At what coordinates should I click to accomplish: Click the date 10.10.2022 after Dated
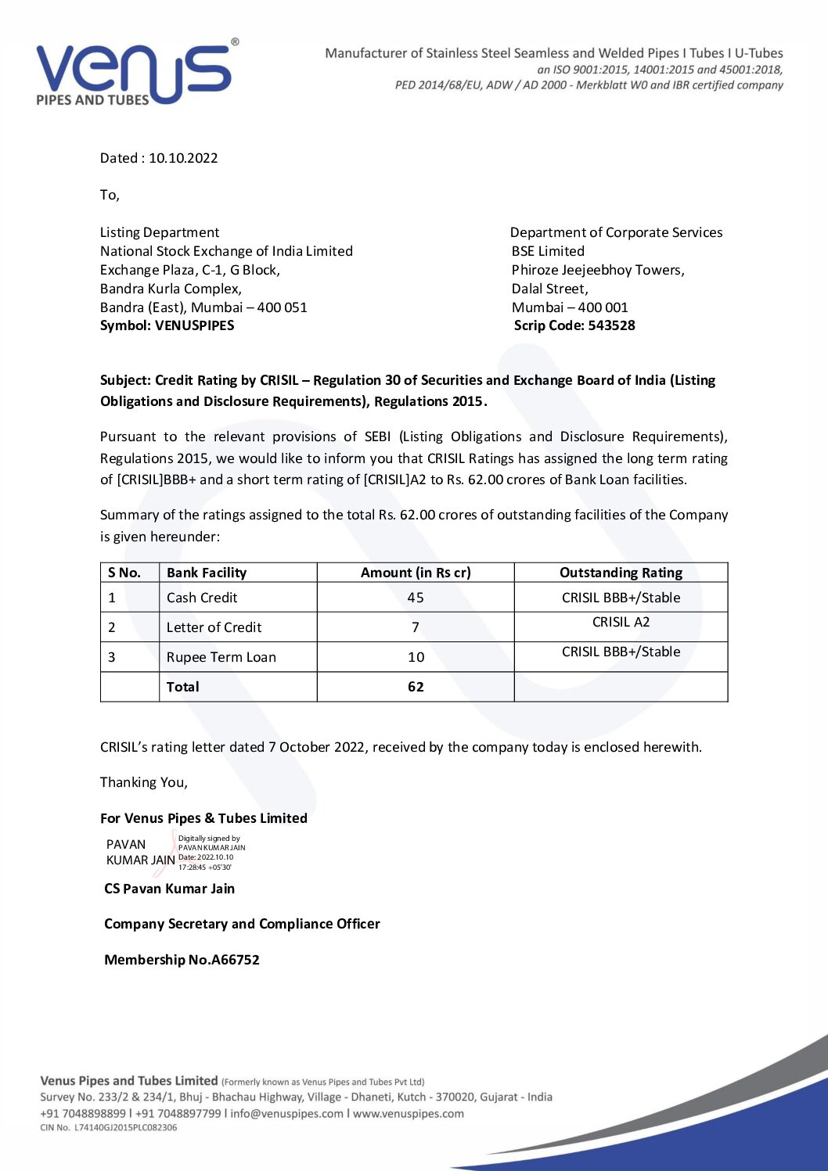tap(183, 158)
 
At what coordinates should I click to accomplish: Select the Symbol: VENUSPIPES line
tap(167, 325)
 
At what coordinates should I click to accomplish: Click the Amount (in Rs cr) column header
tap(416, 573)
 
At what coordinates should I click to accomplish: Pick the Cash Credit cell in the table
tap(202, 598)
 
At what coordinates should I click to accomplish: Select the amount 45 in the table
tap(416, 598)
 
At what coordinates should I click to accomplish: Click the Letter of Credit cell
tap(214, 627)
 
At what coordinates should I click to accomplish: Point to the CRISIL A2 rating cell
tap(621, 623)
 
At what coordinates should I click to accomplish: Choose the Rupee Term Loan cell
tap(221, 657)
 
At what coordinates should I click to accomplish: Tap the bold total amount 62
tap(416, 687)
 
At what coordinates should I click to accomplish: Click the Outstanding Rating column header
tap(621, 573)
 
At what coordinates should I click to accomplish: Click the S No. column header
tap(124, 573)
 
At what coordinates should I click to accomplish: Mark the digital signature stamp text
tap(211, 853)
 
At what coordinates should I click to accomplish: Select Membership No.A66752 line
tap(182, 960)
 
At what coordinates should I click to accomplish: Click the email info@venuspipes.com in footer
tap(286, 1113)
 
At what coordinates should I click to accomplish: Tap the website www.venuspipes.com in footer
tap(408, 1113)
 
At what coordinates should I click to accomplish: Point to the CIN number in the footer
tap(109, 1127)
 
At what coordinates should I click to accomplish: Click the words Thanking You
tap(144, 782)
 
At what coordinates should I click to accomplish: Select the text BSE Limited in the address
tap(548, 251)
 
